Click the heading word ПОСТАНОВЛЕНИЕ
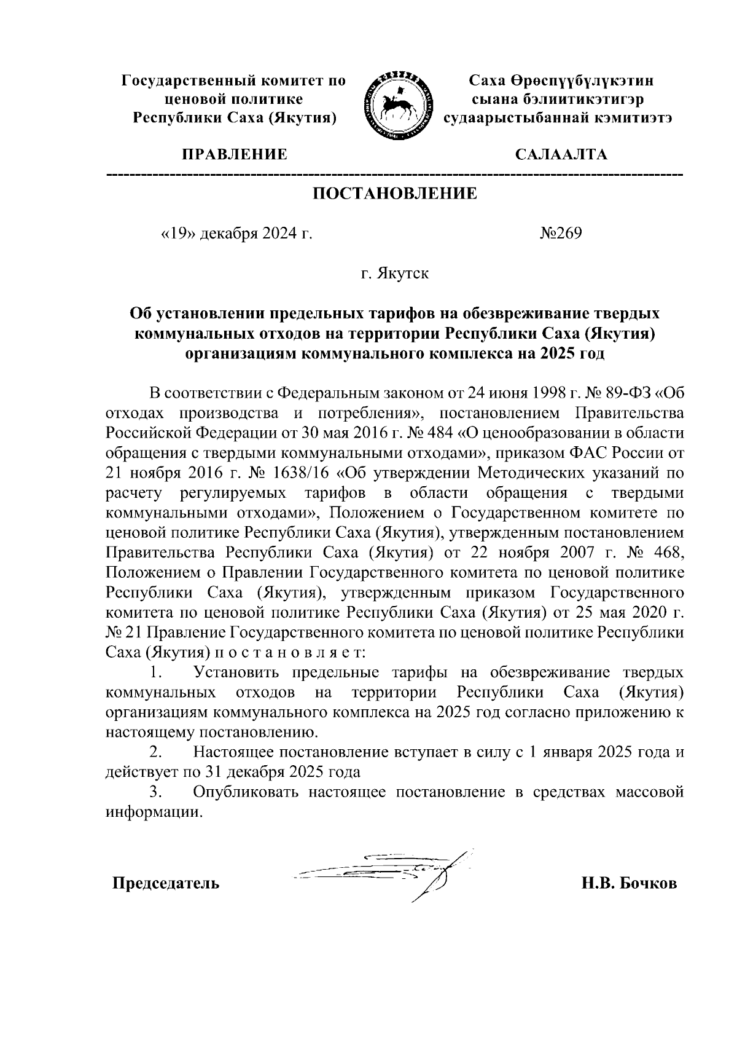(x=396, y=194)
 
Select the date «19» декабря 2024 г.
(x=236, y=234)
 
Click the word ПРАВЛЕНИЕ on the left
(x=233, y=154)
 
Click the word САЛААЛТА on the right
(x=561, y=154)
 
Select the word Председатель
(x=165, y=884)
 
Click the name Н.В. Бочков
(x=629, y=884)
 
